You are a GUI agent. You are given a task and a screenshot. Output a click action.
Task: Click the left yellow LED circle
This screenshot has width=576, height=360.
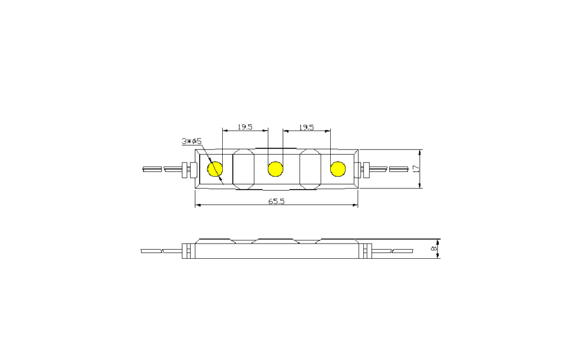pyautogui.click(x=215, y=168)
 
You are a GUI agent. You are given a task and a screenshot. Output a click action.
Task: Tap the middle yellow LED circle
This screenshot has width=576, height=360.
pyautogui.click(x=275, y=168)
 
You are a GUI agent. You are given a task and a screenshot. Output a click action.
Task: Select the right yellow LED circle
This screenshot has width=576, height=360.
pyautogui.click(x=337, y=168)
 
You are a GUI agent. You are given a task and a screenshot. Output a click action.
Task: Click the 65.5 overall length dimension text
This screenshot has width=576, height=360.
pyautogui.click(x=276, y=201)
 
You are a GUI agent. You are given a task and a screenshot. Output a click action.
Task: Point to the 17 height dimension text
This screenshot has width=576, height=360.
pyautogui.click(x=416, y=168)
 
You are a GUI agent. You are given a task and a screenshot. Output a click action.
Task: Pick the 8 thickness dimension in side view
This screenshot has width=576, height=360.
pyautogui.click(x=434, y=248)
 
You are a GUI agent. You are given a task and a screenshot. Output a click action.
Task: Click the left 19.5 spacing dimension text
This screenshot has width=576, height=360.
pyautogui.click(x=245, y=127)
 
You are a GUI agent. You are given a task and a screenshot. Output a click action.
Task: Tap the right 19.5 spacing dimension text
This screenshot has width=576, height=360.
pyautogui.click(x=306, y=127)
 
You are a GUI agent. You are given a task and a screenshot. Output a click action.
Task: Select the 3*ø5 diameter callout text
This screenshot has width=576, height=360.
pyautogui.click(x=191, y=141)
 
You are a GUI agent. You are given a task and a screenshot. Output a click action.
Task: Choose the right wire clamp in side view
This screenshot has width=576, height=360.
pyautogui.click(x=367, y=251)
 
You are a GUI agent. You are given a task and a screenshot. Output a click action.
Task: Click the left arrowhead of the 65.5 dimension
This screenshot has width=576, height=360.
pyautogui.click(x=197, y=206)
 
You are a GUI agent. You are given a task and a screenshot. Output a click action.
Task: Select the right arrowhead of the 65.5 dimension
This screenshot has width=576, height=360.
pyautogui.click(x=355, y=206)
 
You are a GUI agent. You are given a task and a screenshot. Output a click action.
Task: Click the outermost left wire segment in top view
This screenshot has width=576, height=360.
pyautogui.click(x=152, y=169)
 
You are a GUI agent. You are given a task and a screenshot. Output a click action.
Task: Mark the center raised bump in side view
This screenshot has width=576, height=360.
pyautogui.click(x=275, y=241)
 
